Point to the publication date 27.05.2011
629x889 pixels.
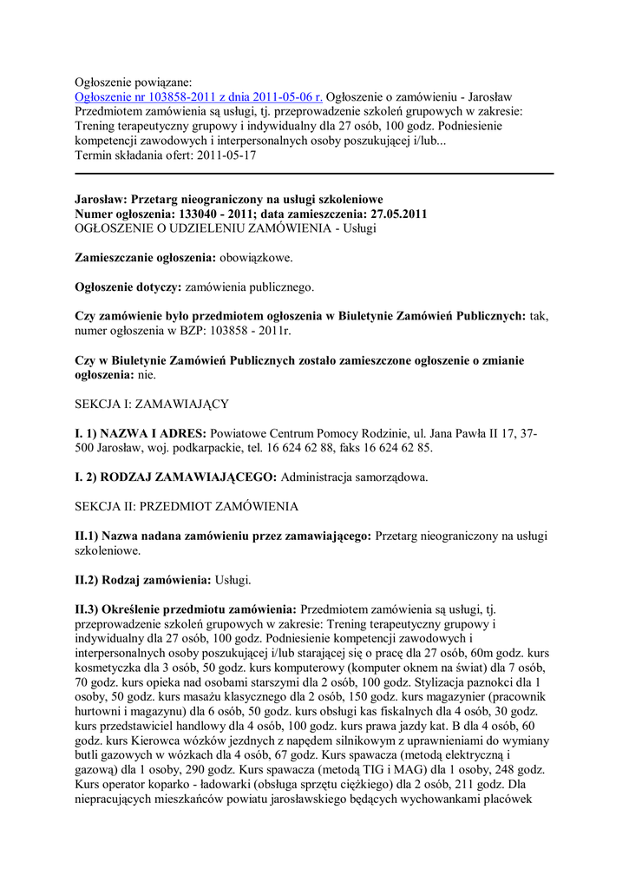pos(394,214)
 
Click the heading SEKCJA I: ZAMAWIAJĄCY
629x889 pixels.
pos(151,404)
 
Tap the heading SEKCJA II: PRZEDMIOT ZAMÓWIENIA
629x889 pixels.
pos(187,505)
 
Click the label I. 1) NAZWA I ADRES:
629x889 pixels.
pos(140,433)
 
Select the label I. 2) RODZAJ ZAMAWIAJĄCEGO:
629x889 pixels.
pos(176,477)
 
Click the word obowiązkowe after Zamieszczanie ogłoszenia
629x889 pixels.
pos(256,258)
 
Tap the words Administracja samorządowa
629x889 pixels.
pos(354,477)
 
